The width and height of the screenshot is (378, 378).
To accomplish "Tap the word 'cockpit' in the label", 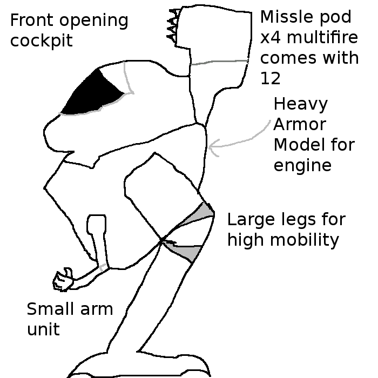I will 41,41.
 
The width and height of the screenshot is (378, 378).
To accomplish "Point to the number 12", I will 271,78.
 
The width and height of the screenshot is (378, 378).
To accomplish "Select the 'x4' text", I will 269,38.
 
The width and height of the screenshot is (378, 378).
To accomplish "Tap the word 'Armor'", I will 300,124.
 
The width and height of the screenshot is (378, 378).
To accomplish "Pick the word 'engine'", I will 302,166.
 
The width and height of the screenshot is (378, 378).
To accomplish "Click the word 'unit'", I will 43,329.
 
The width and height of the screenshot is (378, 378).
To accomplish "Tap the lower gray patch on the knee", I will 187,252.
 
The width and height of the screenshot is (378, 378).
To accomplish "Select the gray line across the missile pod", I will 219,63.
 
